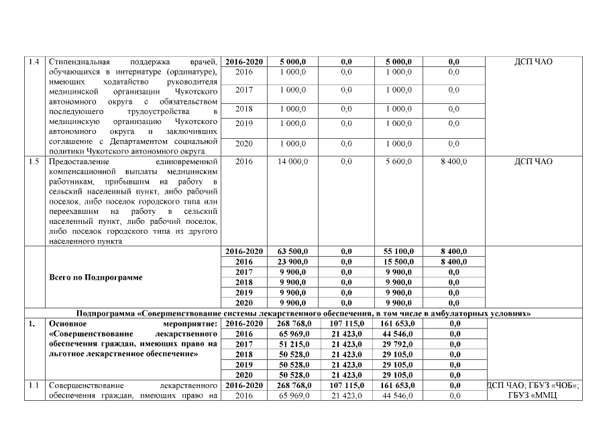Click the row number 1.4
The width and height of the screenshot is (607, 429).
click(x=34, y=62)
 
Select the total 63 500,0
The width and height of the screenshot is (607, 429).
click(x=292, y=251)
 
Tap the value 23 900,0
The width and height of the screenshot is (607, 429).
click(x=292, y=262)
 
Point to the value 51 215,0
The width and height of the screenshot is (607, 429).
click(x=292, y=344)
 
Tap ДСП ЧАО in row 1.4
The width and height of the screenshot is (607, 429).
click(x=534, y=62)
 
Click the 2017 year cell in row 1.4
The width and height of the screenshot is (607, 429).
click(x=244, y=90)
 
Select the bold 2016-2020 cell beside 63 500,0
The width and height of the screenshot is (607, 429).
click(x=244, y=251)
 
